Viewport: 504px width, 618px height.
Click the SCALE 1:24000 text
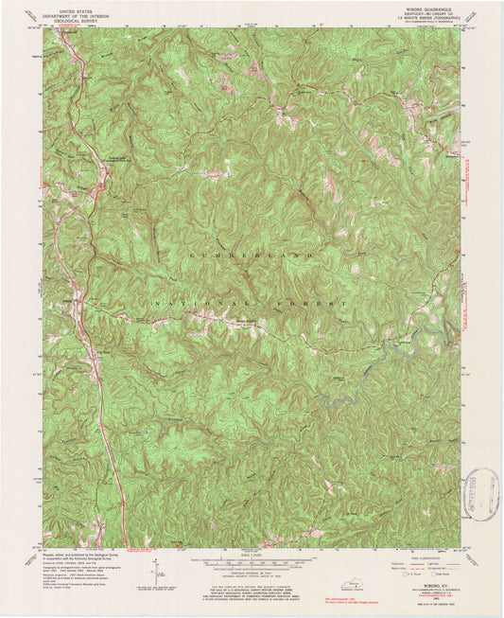252,556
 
